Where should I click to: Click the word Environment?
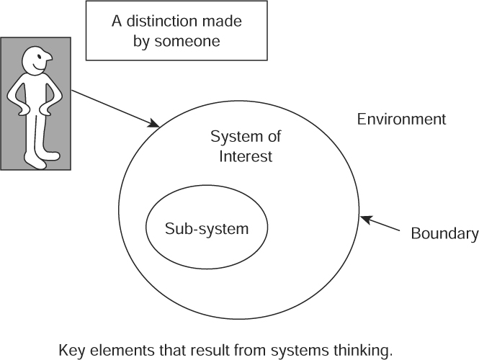coord(401,120)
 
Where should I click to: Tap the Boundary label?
coord(444,233)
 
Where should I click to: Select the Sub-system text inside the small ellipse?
coord(207,229)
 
